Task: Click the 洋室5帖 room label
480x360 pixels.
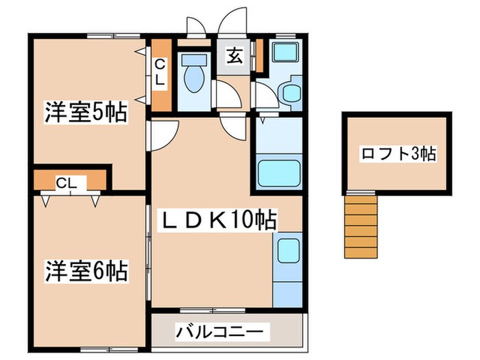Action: [87, 112]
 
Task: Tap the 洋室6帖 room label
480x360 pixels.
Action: [87, 271]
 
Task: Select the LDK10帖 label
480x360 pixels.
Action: [219, 221]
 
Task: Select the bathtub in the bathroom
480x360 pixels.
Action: [279, 174]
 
